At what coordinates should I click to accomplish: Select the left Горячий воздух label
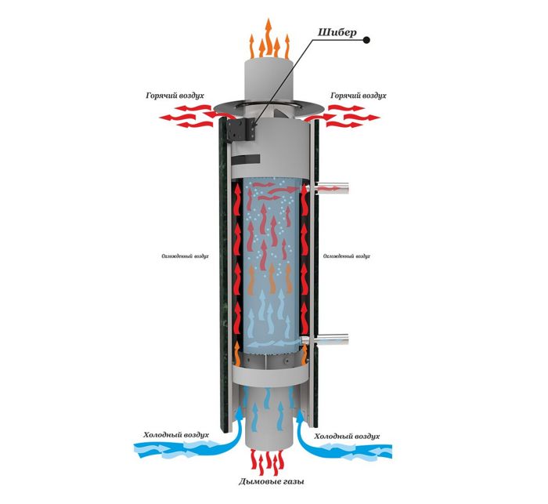coord(175,96)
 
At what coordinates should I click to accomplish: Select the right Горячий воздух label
coord(358,96)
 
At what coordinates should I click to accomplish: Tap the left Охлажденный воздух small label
coord(186,256)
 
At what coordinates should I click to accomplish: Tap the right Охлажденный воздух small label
coord(344,256)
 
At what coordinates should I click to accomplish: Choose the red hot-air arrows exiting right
coord(348,119)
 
